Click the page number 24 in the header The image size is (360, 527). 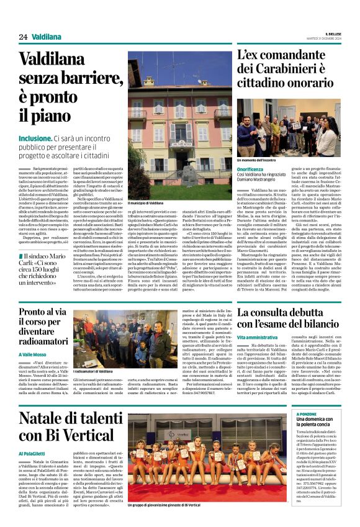click(23, 37)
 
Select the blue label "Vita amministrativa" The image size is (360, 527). click(258, 336)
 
